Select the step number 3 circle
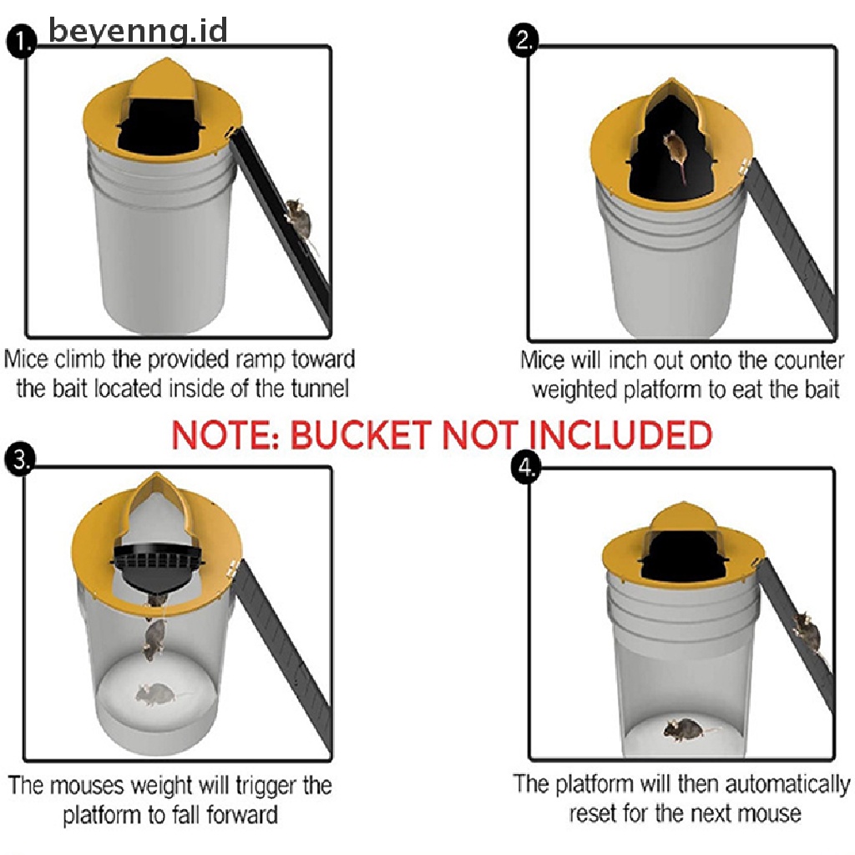coord(18,460)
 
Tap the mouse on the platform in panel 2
coord(675,153)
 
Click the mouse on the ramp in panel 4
coord(807,632)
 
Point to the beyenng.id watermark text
coord(138,31)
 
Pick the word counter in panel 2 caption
coord(803,361)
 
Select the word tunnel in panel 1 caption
coord(320,389)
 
